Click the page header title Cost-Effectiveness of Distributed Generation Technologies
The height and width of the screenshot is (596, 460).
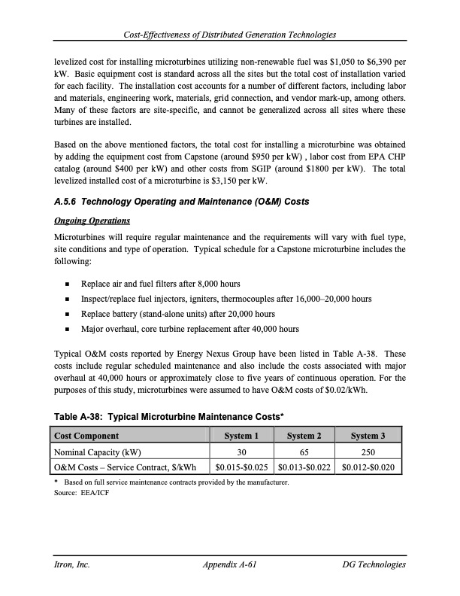pyautogui.click(x=230, y=35)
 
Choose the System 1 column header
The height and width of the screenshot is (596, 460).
pyautogui.click(x=241, y=436)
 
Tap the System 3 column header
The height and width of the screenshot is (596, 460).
pyautogui.click(x=368, y=436)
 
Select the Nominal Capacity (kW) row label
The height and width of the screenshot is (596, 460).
pyautogui.click(x=97, y=452)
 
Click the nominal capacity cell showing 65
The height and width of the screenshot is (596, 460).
pyautogui.click(x=305, y=452)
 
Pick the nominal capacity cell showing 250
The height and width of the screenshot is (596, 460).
pyautogui.click(x=368, y=452)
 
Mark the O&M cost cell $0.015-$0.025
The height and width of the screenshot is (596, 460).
pyautogui.click(x=241, y=468)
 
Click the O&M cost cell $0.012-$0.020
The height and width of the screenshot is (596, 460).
pyautogui.click(x=368, y=468)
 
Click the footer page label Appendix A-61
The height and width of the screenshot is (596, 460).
pyautogui.click(x=230, y=564)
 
